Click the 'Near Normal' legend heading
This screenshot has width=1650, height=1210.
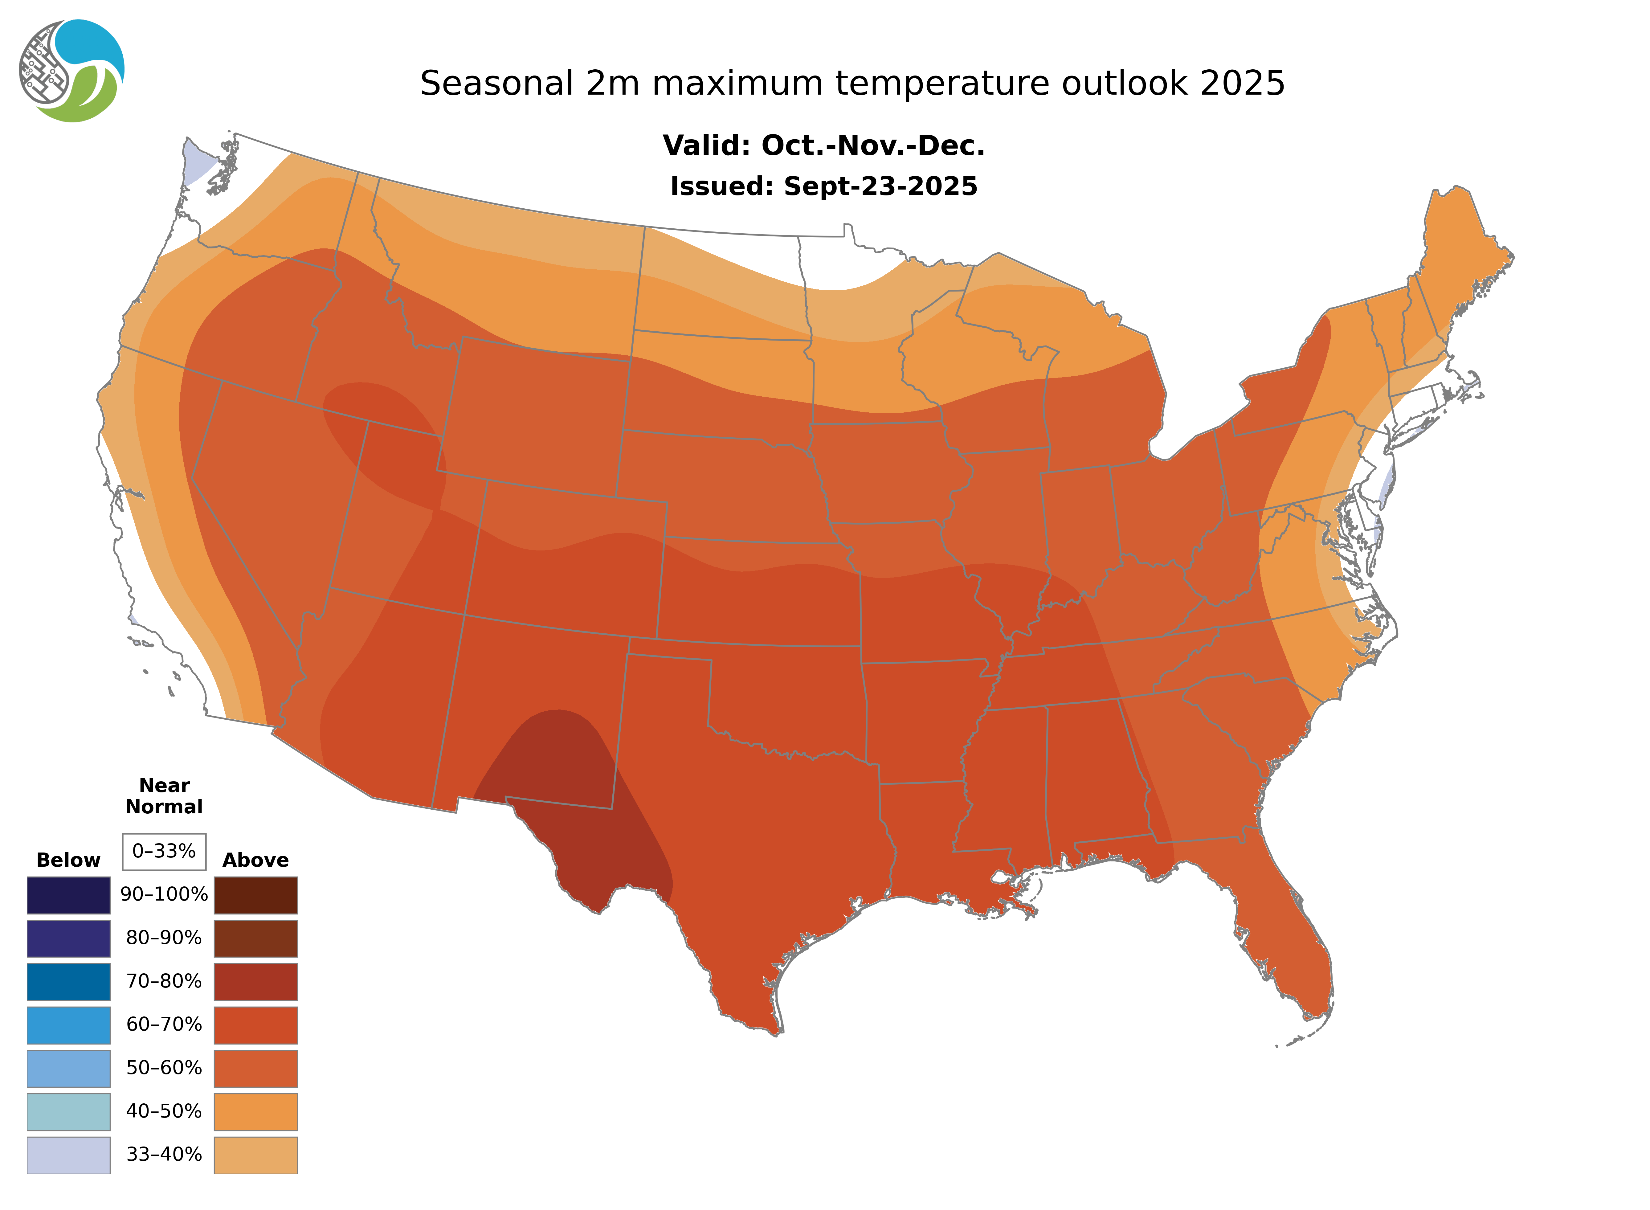164,796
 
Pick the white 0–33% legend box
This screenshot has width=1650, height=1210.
164,851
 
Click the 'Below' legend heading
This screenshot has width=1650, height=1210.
68,860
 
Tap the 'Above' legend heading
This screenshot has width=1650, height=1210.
255,860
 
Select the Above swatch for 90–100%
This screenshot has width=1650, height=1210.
255,895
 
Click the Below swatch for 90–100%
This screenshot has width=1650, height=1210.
68,895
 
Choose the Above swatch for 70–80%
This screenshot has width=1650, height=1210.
255,982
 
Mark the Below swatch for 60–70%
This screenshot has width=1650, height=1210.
68,1025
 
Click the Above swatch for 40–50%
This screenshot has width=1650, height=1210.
255,1111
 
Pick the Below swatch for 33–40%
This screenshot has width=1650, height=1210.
68,1154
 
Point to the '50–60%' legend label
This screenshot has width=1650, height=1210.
164,1068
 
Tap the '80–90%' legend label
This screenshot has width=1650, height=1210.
164,938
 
